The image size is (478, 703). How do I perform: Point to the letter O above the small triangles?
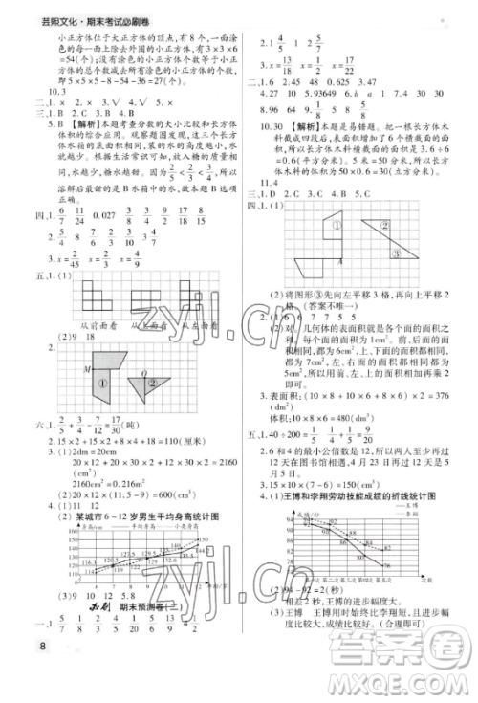coord(143,374)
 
